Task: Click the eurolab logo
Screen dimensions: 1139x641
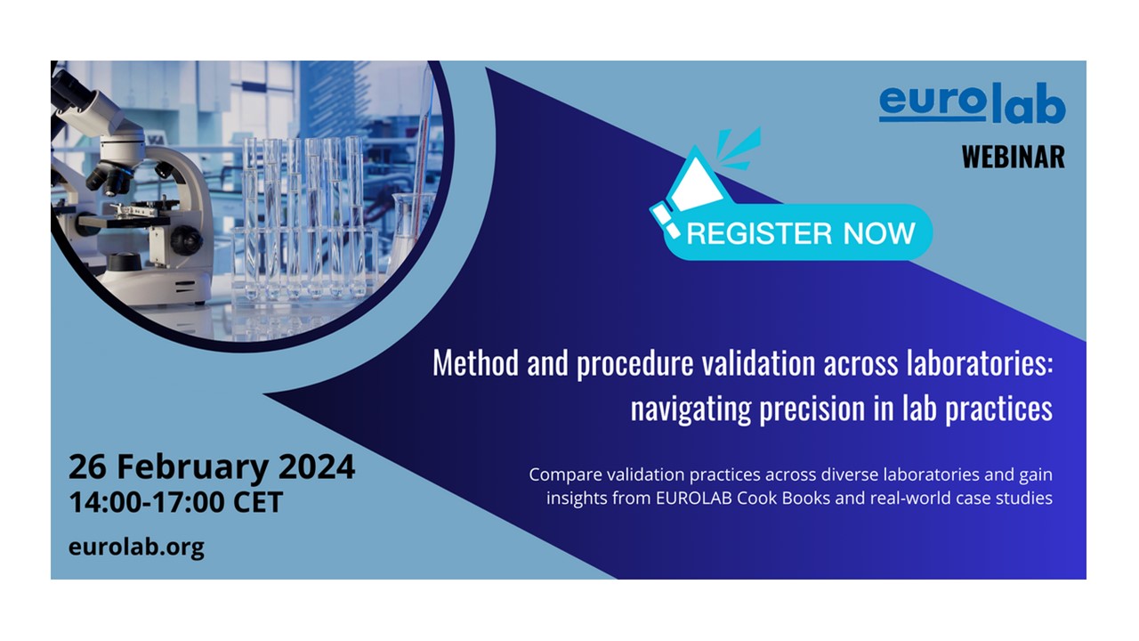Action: tap(972, 103)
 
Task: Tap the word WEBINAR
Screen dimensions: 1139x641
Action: tap(1013, 157)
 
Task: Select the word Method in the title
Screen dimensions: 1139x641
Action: tap(475, 363)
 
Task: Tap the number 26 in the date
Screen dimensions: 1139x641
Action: tap(87, 467)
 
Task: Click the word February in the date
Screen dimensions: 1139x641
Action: tap(193, 468)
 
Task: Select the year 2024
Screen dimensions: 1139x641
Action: tap(317, 467)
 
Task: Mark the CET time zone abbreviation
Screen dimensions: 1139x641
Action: tap(258, 502)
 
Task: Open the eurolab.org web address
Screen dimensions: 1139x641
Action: tap(136, 548)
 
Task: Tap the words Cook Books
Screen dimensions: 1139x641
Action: tap(784, 498)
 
